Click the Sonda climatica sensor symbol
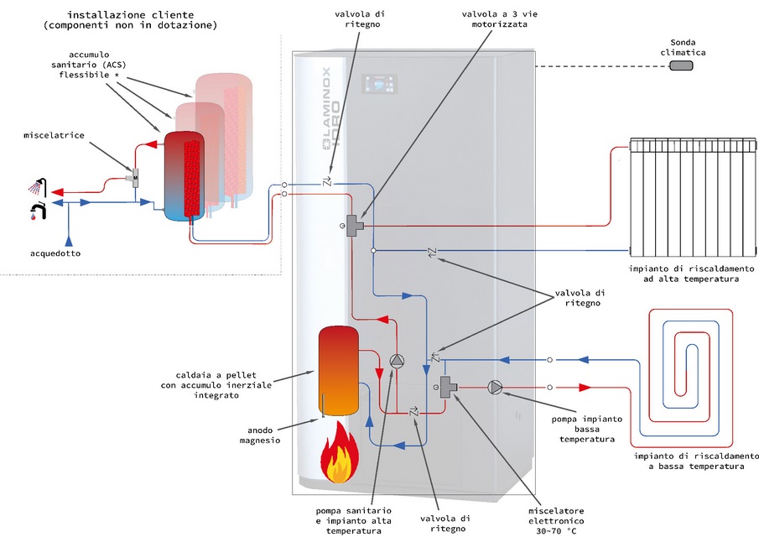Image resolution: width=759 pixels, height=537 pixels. (x=682, y=66)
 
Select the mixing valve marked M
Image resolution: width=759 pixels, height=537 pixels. (x=135, y=177)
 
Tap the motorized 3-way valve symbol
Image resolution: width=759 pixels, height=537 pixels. (x=355, y=226)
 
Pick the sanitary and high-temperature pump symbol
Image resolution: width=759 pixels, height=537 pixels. (x=398, y=362)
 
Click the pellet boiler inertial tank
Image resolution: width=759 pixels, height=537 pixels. (x=339, y=371)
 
